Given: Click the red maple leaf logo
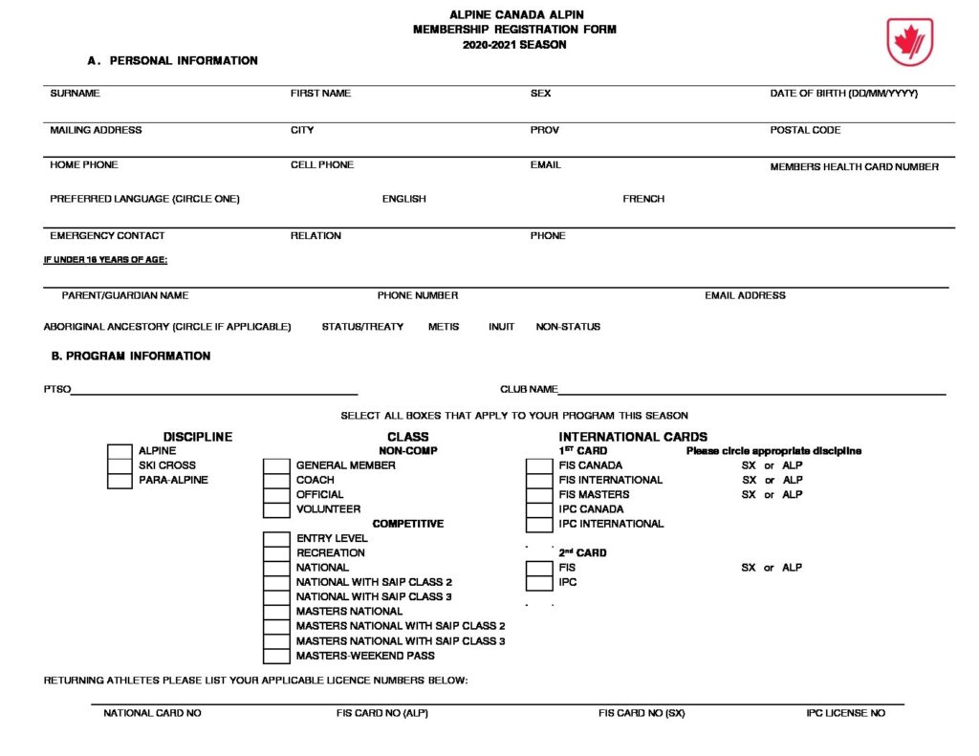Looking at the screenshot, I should [909, 42].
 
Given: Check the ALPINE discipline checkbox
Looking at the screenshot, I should [120, 451].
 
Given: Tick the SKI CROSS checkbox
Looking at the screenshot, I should [120, 465].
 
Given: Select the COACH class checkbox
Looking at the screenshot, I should [276, 480].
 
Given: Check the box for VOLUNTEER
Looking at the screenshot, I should [276, 509].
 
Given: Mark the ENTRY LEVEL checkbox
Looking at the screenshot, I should [276, 539].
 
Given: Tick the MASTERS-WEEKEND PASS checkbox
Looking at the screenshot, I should [276, 656].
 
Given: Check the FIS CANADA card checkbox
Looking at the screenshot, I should [539, 465].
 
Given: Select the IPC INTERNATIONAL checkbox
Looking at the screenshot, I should [539, 524].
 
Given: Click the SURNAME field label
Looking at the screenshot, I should [75, 94].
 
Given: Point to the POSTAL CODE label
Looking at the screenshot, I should [805, 130].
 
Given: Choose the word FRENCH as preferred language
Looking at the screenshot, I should [643, 199].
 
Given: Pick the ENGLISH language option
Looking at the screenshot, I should [404, 199].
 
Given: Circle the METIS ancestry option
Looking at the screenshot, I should [444, 327].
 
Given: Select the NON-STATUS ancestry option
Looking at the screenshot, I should [568, 327].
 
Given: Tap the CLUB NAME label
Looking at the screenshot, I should [529, 390].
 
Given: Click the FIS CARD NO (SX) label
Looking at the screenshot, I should [642, 713].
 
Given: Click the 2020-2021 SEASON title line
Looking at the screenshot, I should [514, 45].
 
